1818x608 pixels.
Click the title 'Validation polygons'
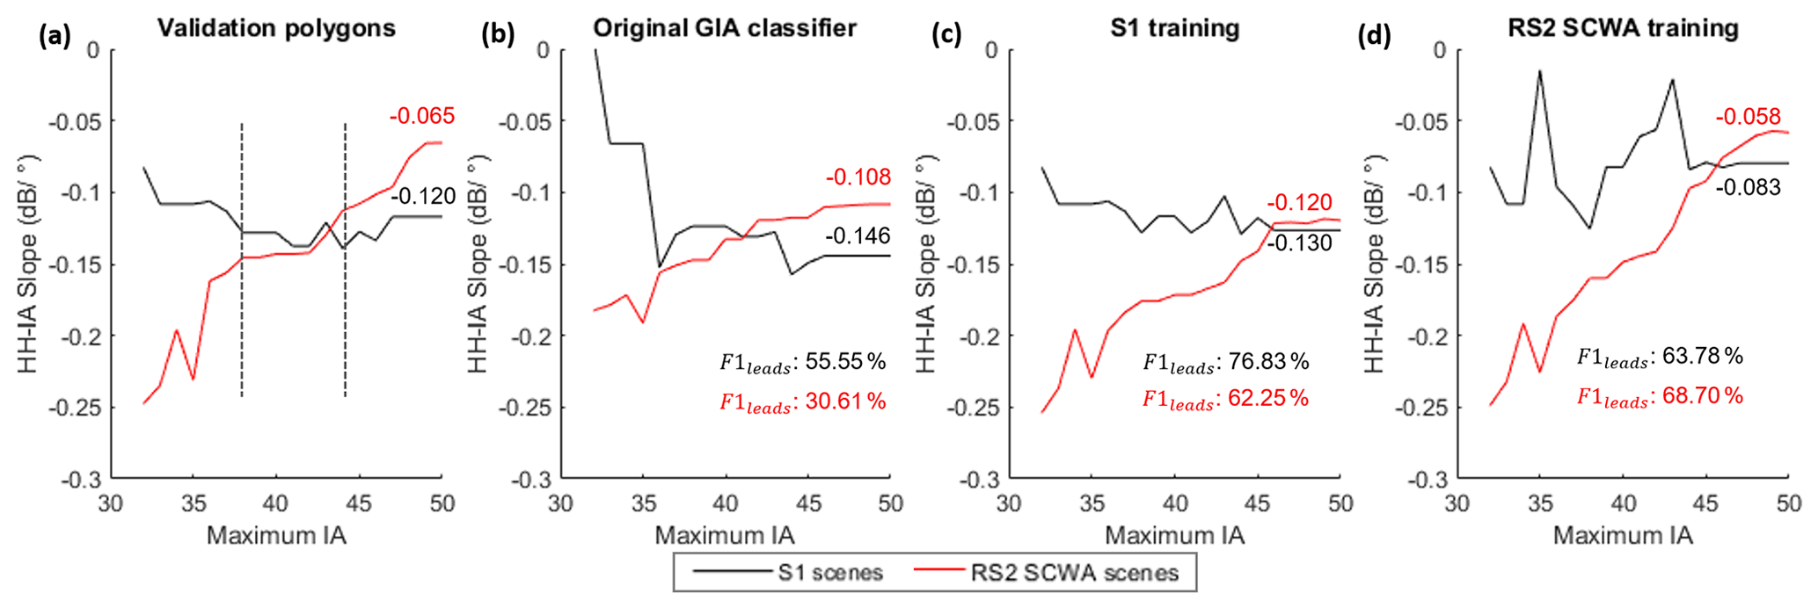[276, 28]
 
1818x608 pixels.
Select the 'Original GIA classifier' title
[725, 28]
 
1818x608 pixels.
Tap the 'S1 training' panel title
[1174, 28]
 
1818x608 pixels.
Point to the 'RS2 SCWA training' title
[1624, 28]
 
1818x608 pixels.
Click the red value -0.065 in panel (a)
[422, 116]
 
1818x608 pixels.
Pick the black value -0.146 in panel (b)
[858, 235]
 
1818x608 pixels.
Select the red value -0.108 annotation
[858, 177]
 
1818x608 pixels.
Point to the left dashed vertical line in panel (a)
[242, 264]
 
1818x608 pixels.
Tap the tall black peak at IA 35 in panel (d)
[1540, 72]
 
